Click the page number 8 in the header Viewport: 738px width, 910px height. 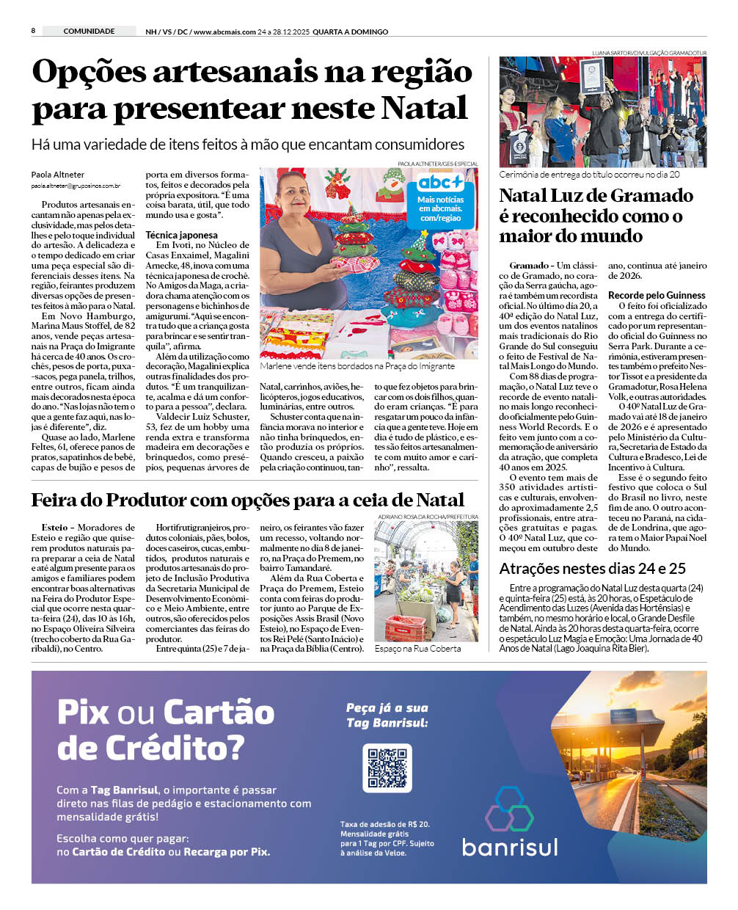tap(34, 31)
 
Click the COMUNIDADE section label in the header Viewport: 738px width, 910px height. tap(89, 32)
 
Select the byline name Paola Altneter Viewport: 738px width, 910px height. tap(58, 175)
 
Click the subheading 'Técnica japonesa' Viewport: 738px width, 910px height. tap(181, 236)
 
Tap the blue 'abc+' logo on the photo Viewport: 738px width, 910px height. tap(440, 183)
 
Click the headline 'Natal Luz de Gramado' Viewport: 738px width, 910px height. tap(596, 196)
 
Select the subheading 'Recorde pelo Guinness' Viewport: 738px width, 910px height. tap(657, 295)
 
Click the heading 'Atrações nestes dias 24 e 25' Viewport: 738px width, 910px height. tap(592, 569)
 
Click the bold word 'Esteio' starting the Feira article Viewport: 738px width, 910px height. tap(54, 528)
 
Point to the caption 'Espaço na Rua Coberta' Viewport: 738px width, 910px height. tap(417, 649)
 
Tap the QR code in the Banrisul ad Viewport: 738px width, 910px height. tap(387, 768)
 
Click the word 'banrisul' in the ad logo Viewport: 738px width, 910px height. tap(510, 847)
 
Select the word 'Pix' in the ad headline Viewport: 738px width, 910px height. tap(83, 713)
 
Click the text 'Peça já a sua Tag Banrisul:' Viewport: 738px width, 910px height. tap(387, 716)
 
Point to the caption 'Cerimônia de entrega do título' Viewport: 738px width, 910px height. tap(589, 175)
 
